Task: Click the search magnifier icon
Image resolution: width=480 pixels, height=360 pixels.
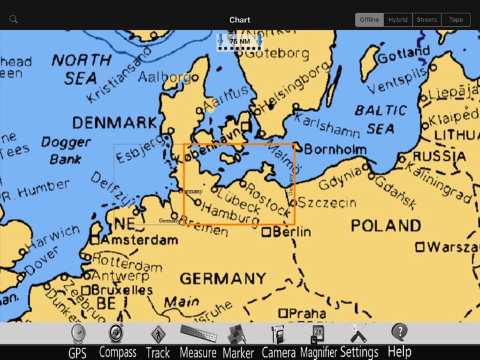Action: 13,19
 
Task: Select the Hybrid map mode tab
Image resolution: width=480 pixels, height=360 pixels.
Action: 397,20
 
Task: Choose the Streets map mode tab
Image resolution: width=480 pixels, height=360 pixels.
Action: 427,20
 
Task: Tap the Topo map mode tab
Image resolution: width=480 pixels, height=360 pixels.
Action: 456,20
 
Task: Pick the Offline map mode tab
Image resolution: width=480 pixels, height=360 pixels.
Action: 369,20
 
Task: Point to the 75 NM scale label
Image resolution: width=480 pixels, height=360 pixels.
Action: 240,41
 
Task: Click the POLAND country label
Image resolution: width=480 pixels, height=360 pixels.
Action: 386,225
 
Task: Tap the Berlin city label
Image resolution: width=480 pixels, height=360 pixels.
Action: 291,233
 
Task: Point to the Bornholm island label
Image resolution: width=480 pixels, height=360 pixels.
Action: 335,151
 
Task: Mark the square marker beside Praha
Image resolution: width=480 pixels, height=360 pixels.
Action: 282,313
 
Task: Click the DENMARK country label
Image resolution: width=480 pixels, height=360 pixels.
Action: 115,122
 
